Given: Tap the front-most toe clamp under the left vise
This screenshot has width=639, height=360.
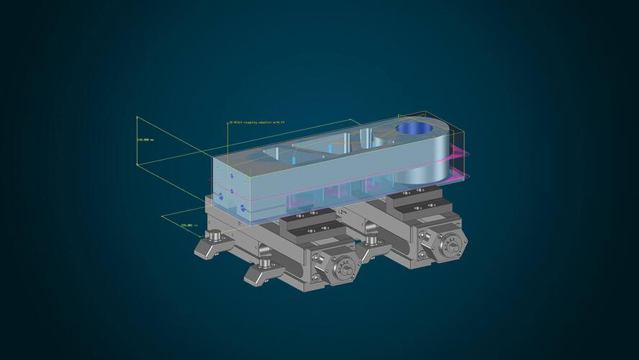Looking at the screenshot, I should (263, 273).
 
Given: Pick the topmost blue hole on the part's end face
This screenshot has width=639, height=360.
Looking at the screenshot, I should (231, 175).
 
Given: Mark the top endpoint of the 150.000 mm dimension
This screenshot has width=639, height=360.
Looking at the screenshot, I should (137, 117).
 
